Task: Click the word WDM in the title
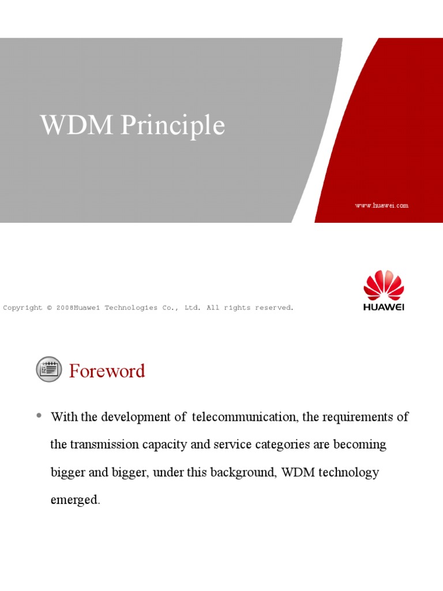76,125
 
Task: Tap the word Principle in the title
173,126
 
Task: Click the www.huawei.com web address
382,205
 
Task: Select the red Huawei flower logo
384,285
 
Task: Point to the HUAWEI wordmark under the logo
384,307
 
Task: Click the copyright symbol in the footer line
50,308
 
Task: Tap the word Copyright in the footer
23,308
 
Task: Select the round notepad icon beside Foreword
49,369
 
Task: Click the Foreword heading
107,371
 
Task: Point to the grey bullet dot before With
39,416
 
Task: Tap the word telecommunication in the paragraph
245,417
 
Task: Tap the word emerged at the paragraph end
75,500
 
